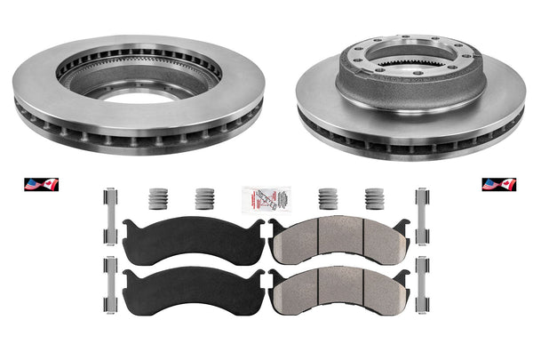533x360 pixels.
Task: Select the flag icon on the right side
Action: pyautogui.click(x=494, y=185)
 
